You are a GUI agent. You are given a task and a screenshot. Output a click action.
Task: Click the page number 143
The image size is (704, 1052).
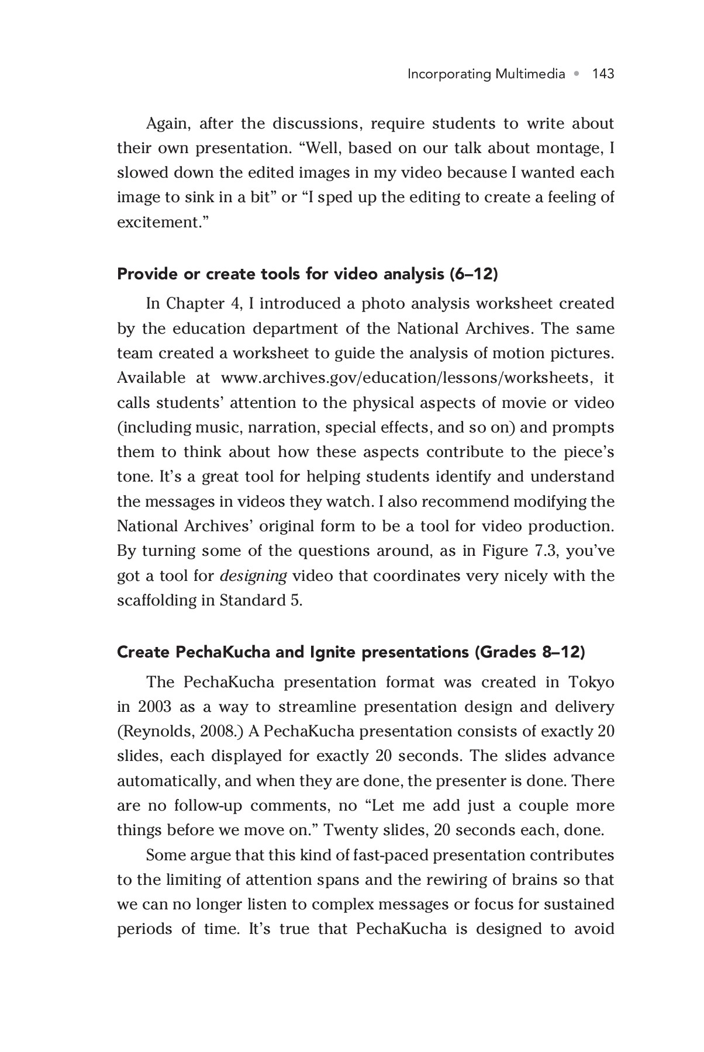(603, 74)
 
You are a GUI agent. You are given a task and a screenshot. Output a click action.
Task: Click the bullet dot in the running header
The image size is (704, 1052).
(578, 74)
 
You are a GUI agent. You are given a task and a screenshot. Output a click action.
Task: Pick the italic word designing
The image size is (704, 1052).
(253, 576)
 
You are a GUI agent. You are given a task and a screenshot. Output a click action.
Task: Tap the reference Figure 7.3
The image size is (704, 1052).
(516, 551)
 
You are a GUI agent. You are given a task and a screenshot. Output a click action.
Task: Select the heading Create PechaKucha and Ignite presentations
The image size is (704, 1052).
(351, 652)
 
